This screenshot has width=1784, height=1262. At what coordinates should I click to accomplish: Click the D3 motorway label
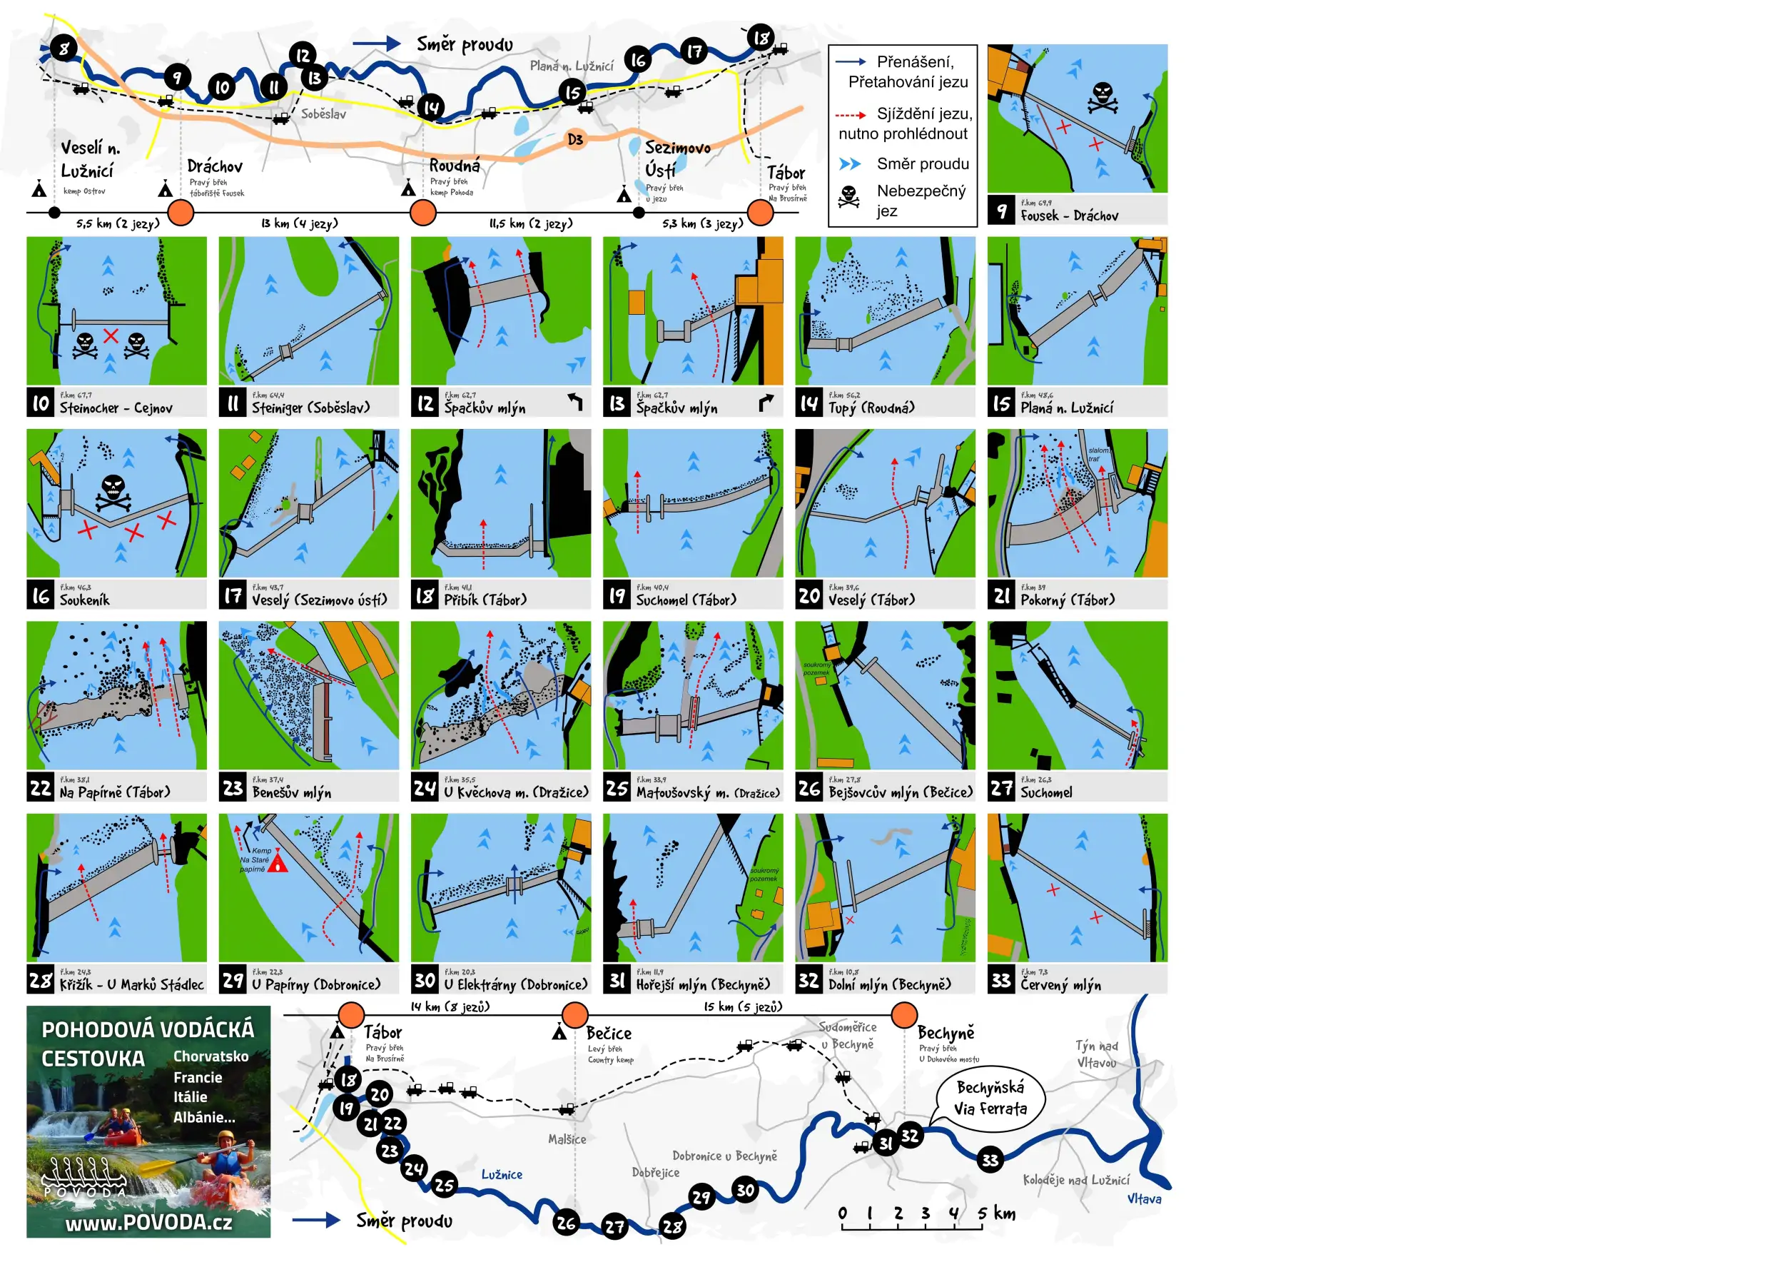pyautogui.click(x=575, y=139)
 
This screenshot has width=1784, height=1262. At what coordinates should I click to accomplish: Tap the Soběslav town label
pyautogui.click(x=323, y=114)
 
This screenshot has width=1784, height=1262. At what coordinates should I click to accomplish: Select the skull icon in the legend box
pyautogui.click(x=849, y=196)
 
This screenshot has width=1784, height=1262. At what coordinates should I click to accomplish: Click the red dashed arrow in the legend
pyautogui.click(x=851, y=114)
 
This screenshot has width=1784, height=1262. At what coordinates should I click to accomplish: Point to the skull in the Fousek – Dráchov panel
pyautogui.click(x=1102, y=97)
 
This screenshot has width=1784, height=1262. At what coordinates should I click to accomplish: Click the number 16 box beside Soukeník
pyautogui.click(x=41, y=596)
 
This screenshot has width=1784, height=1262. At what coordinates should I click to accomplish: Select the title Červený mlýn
pyautogui.click(x=1060, y=984)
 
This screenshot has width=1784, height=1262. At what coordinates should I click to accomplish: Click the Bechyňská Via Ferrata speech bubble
pyautogui.click(x=990, y=1097)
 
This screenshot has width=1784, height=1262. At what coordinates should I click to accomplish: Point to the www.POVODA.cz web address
pyautogui.click(x=148, y=1222)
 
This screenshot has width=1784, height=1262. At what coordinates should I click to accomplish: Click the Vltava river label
pyautogui.click(x=1144, y=1199)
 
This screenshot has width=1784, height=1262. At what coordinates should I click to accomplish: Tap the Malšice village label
pyautogui.click(x=567, y=1139)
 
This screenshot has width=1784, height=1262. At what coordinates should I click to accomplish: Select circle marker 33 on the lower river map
pyautogui.click(x=990, y=1160)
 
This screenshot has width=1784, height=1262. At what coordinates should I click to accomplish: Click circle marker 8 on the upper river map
pyautogui.click(x=64, y=48)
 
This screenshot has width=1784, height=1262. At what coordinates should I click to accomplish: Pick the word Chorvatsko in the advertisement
pyautogui.click(x=211, y=1056)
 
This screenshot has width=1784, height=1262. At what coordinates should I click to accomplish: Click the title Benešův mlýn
pyautogui.click(x=291, y=792)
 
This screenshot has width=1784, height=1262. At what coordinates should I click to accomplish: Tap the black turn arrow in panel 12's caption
pyautogui.click(x=575, y=401)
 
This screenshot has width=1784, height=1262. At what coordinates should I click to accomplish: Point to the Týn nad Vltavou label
pyautogui.click(x=1096, y=1054)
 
